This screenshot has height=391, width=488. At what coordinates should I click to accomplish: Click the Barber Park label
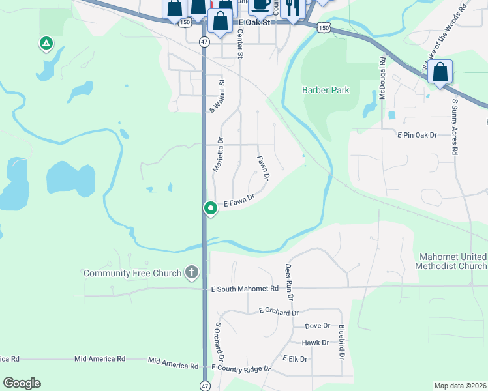click(x=326, y=90)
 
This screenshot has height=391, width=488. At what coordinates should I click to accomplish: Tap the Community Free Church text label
click(x=132, y=272)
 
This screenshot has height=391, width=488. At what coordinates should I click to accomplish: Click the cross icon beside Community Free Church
click(x=191, y=272)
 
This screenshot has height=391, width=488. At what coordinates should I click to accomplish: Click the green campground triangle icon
click(x=46, y=44)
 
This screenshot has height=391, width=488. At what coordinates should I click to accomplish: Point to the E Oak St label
click(x=254, y=22)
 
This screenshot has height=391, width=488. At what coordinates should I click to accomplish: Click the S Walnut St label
click(x=217, y=96)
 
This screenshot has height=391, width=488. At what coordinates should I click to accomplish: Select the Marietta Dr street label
click(x=219, y=154)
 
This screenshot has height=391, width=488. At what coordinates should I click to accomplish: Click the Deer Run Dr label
click(x=289, y=282)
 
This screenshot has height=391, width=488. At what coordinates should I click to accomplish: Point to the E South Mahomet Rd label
click(x=245, y=288)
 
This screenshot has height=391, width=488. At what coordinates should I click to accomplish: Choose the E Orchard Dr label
click(x=279, y=312)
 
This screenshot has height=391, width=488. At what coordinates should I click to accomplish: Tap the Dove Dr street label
click(x=317, y=326)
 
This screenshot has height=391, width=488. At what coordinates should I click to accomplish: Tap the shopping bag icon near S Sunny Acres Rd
click(x=440, y=72)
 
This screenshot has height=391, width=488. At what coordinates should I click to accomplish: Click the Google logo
click(x=22, y=383)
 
